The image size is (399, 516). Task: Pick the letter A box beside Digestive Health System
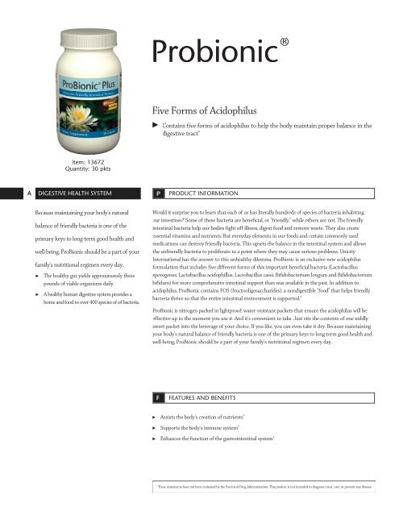coord(7,193)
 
